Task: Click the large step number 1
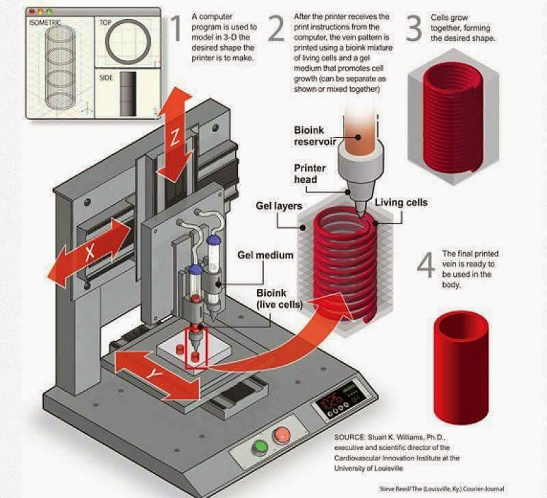coord(176,29)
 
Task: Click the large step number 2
coord(276,29)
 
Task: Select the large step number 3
coord(414,29)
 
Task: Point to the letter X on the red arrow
coord(90,252)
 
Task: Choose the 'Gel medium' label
coord(265,255)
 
